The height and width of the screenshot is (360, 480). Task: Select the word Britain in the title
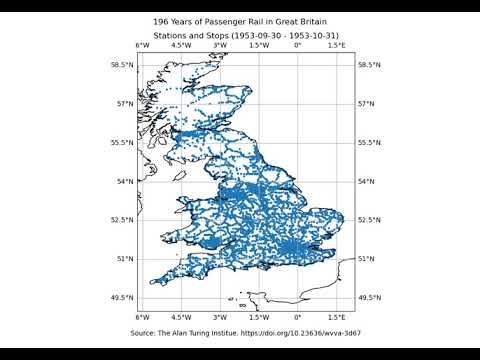click(x=311, y=21)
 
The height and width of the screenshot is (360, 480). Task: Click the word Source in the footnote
click(x=144, y=331)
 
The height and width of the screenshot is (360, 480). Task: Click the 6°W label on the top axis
click(x=142, y=46)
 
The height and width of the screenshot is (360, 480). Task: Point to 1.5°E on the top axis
click(x=336, y=46)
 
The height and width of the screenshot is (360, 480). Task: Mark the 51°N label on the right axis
click(x=369, y=259)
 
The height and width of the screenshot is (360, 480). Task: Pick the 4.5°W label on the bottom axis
click(x=181, y=317)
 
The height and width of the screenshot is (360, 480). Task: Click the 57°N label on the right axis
click(x=369, y=104)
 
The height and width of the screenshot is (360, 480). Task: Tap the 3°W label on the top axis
click(x=219, y=46)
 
